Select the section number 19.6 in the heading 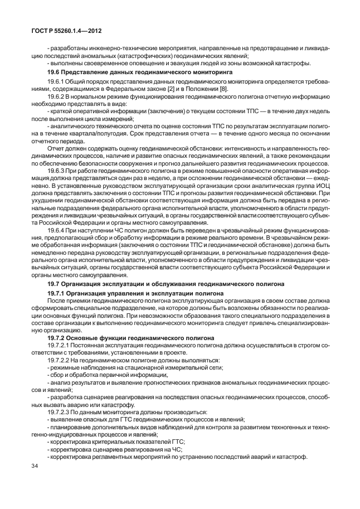55,72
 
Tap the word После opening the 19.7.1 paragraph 57,300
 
